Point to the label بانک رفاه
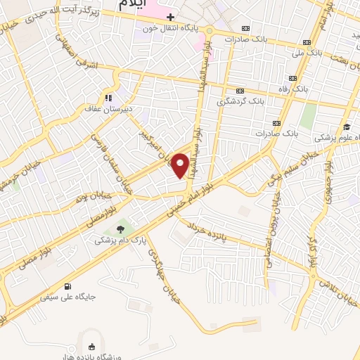(292, 90)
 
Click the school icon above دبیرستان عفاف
(108, 98)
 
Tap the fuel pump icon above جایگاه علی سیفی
(68, 286)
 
